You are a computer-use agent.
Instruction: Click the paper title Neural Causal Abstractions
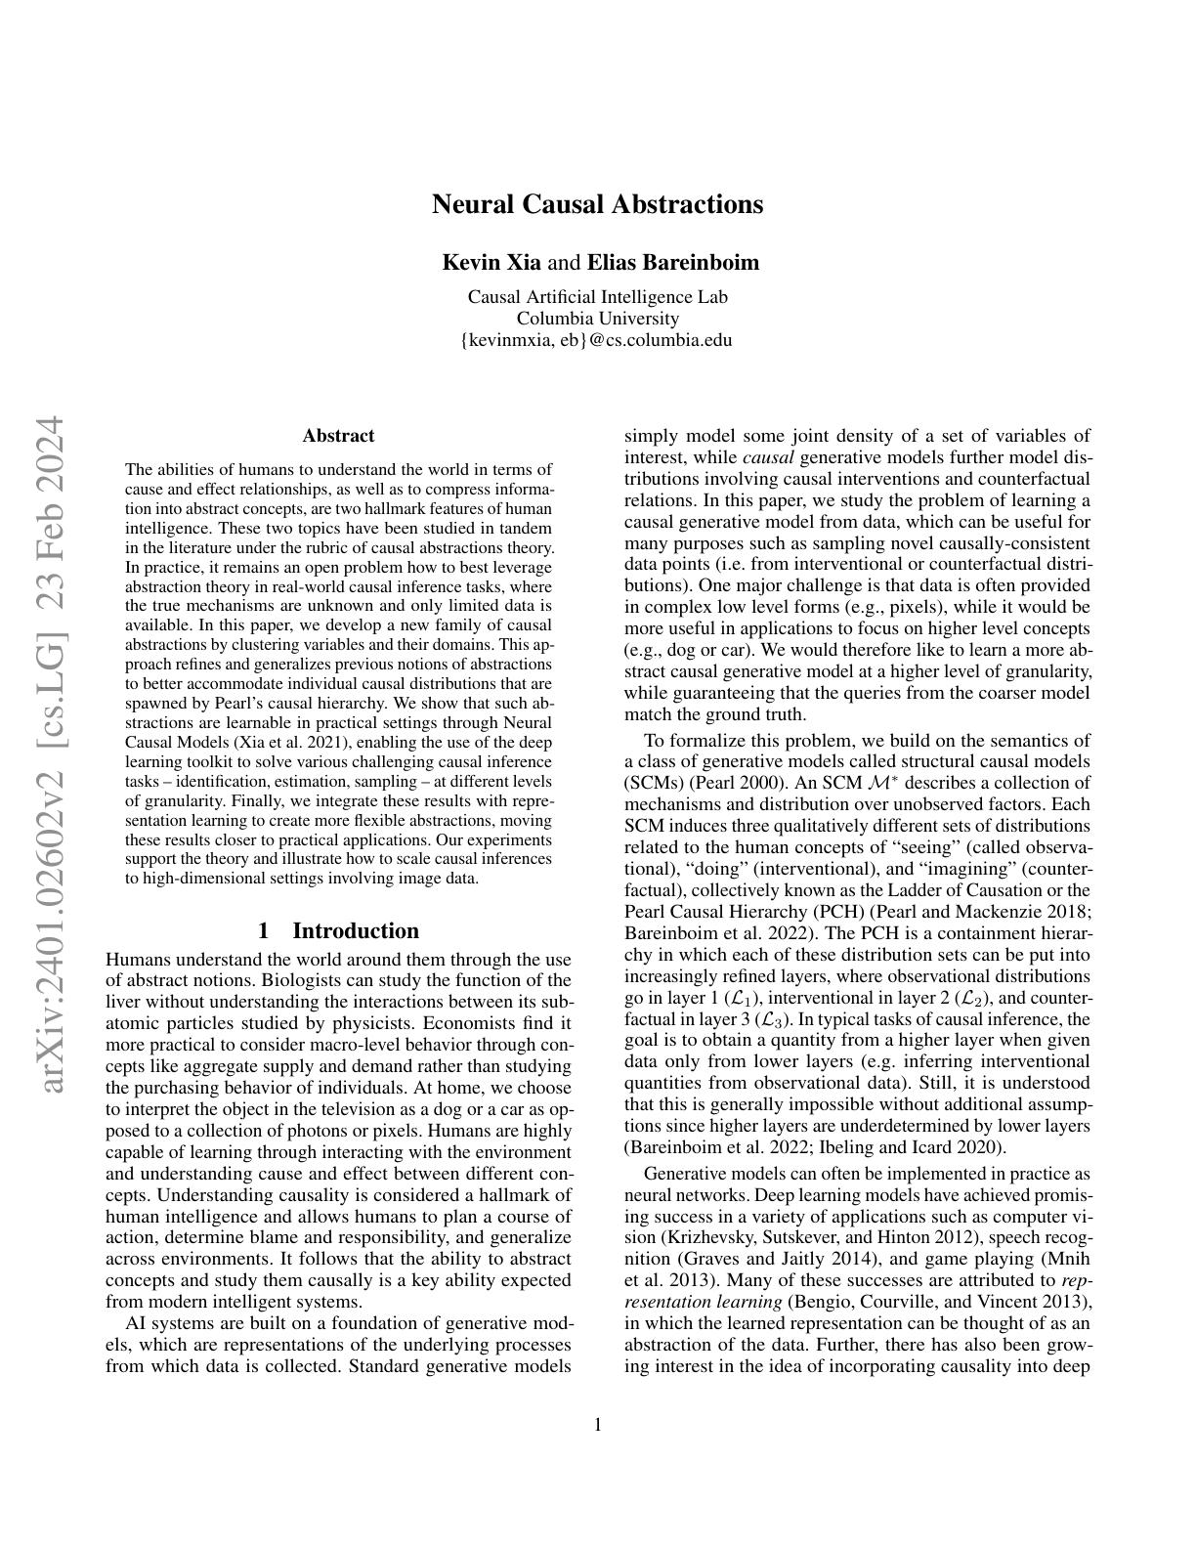(597, 204)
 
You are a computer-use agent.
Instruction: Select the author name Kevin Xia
(491, 263)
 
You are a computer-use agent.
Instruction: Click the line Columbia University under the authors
(597, 319)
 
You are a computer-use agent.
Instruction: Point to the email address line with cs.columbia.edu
(597, 340)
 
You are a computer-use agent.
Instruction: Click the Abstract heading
(338, 436)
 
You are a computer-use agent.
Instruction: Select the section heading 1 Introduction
(338, 930)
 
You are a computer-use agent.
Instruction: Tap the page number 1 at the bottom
(597, 1425)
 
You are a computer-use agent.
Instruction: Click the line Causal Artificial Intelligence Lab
(597, 297)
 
